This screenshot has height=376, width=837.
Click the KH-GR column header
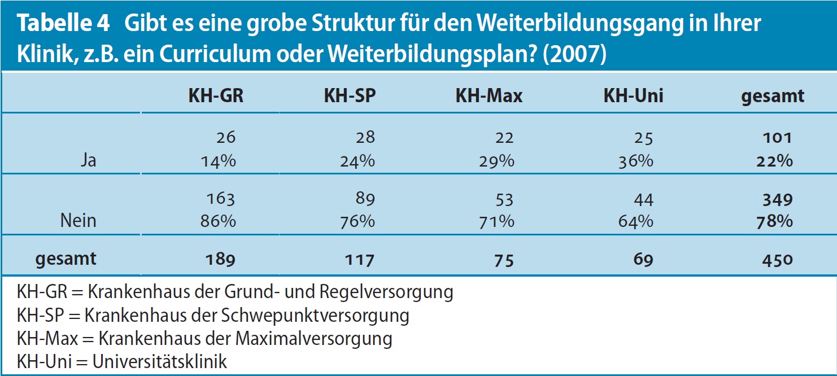tap(216, 96)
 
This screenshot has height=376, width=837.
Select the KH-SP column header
tap(349, 96)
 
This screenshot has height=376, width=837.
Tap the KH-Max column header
tap(489, 96)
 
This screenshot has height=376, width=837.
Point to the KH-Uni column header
tap(633, 96)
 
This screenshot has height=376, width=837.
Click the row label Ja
tap(88, 161)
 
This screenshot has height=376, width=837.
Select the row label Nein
tap(78, 221)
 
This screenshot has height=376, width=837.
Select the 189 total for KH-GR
tap(219, 260)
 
